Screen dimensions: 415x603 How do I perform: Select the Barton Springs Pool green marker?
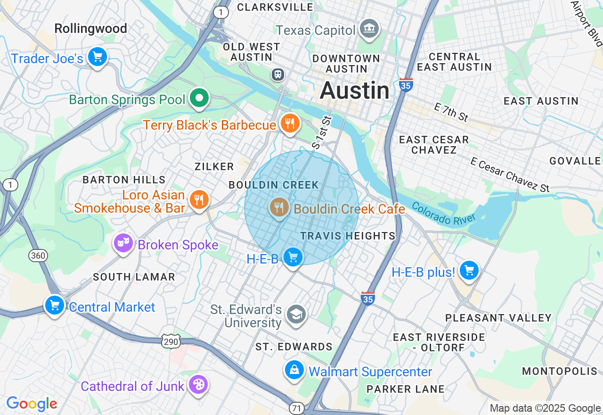[199, 99]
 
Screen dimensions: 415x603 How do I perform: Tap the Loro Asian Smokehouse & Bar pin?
[199, 200]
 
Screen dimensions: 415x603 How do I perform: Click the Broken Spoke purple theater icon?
[123, 243]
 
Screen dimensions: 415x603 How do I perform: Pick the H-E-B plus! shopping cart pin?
[469, 271]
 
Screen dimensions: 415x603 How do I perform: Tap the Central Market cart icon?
[55, 305]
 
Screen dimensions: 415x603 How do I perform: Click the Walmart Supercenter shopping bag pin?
[294, 370]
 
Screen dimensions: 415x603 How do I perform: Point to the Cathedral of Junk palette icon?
[198, 385]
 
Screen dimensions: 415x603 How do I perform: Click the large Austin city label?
[355, 91]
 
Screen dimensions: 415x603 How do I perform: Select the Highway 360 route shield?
[38, 256]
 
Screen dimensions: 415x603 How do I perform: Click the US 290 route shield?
[171, 341]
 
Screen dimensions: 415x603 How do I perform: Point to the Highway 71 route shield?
[297, 408]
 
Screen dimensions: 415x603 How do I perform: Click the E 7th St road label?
[451, 113]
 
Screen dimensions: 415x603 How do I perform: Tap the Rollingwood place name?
[90, 29]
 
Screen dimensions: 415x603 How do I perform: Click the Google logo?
[32, 404]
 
